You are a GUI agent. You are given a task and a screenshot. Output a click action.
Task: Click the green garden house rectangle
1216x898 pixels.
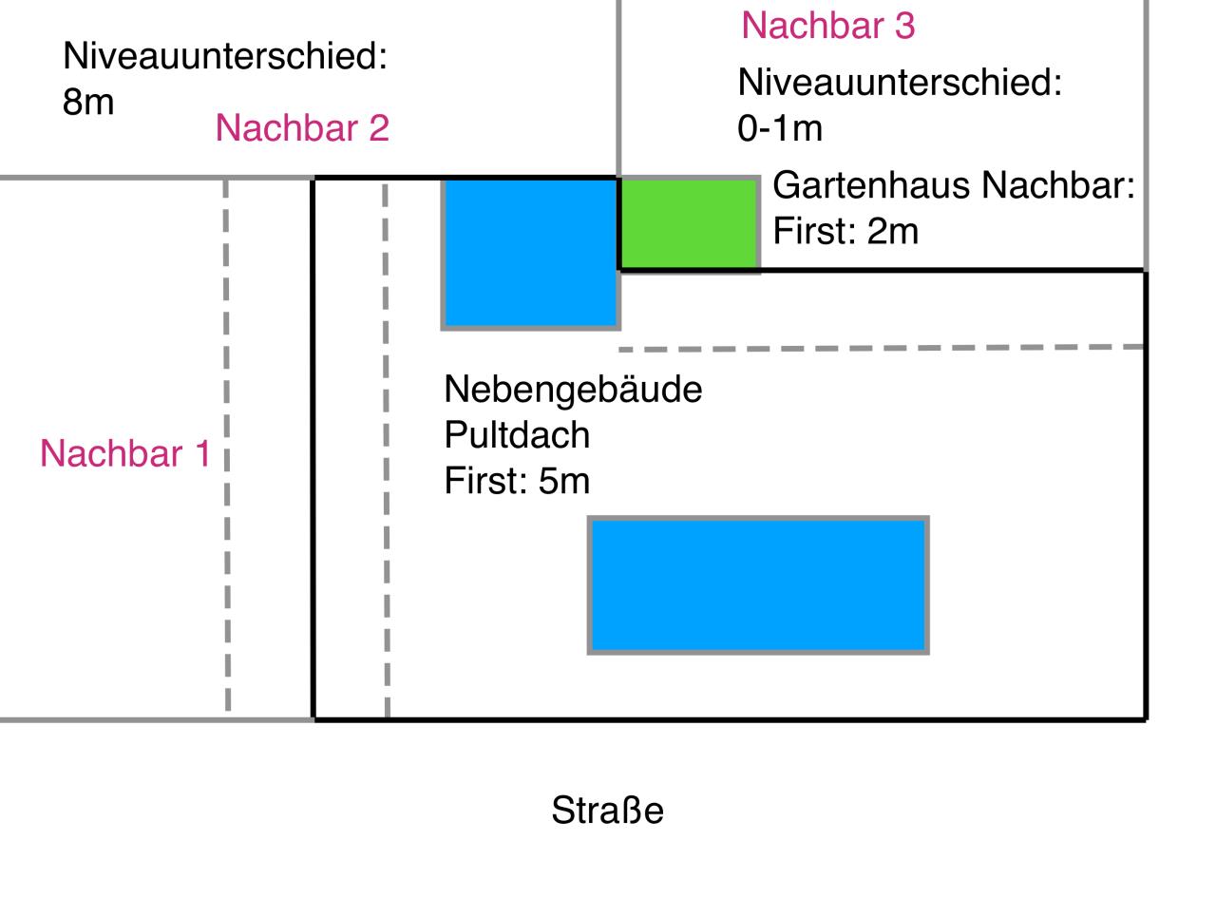point(689,224)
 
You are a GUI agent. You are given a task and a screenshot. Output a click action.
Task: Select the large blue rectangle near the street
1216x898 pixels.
point(758,584)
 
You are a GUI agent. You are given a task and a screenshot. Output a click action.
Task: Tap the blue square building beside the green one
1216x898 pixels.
point(530,254)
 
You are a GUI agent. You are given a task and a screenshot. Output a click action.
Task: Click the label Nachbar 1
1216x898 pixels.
point(125,453)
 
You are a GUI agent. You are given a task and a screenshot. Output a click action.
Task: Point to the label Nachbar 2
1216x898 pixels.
point(302,128)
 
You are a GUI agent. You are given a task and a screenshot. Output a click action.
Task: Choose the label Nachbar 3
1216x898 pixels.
point(828,26)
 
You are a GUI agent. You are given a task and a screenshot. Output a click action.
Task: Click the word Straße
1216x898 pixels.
point(607,810)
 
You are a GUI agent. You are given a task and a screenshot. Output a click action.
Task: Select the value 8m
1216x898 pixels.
point(88,102)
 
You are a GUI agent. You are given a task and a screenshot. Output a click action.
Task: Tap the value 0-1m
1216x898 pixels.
point(780,128)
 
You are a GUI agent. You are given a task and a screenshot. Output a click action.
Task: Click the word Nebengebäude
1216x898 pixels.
point(573,390)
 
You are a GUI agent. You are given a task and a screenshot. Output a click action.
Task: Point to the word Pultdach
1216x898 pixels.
point(517,435)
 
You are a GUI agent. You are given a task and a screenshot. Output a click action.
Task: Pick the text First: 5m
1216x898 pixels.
point(517,481)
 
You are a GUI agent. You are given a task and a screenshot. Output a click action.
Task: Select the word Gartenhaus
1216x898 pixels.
point(872,185)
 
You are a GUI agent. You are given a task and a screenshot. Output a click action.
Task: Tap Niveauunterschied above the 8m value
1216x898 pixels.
point(225,55)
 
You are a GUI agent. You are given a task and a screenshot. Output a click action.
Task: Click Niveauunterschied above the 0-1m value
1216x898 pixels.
point(900,83)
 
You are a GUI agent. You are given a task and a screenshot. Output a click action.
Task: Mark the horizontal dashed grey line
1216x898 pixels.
point(882,348)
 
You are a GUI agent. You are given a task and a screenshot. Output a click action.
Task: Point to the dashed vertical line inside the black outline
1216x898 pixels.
point(386,449)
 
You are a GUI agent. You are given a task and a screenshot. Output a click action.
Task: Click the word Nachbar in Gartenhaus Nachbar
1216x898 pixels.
point(1058,185)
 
